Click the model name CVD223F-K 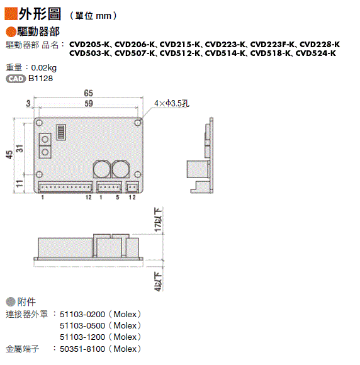[272, 44]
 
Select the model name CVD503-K [89, 53]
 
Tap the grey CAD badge [16, 79]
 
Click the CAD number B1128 [40, 79]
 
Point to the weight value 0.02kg [44, 68]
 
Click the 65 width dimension [89, 93]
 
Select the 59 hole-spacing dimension [89, 103]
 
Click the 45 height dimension [9, 155]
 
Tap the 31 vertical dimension [20, 149]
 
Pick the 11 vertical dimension [20, 184]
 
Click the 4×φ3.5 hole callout [172, 103]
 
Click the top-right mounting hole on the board [138, 123]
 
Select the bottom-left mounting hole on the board [39, 174]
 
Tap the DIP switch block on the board [61, 132]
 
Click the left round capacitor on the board [102, 169]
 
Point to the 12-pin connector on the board [65, 187]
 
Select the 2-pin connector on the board [132, 187]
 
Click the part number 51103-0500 [82, 325]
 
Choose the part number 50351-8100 [82, 349]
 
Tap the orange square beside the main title [11, 14]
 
